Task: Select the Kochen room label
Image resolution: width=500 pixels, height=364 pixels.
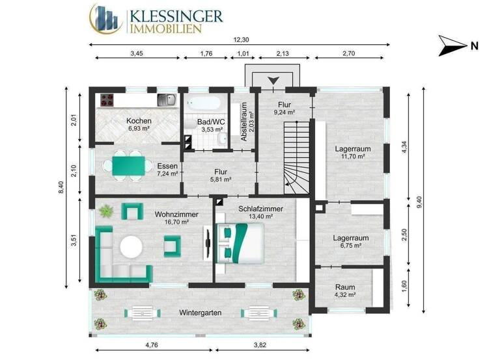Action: (139, 121)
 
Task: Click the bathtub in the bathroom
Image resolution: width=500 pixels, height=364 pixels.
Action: (204, 102)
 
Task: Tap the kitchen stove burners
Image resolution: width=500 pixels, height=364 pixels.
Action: (106, 100)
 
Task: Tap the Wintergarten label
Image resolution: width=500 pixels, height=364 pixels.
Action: (200, 313)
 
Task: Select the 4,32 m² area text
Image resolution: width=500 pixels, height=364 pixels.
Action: (345, 295)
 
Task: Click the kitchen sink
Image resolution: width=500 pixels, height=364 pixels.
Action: (166, 100)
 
